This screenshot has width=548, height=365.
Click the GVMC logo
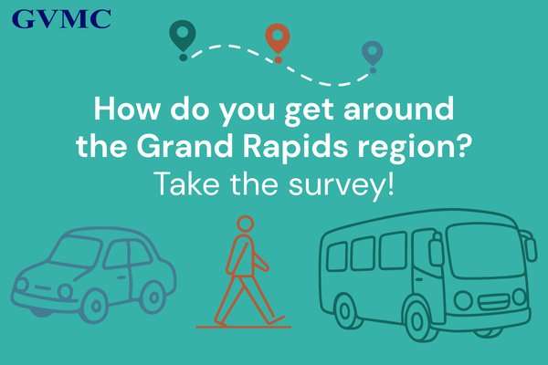coord(62,17)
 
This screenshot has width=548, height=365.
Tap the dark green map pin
coord(183,36)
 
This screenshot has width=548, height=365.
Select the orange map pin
coord(278,38)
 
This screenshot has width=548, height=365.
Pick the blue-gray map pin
coord(372,53)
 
